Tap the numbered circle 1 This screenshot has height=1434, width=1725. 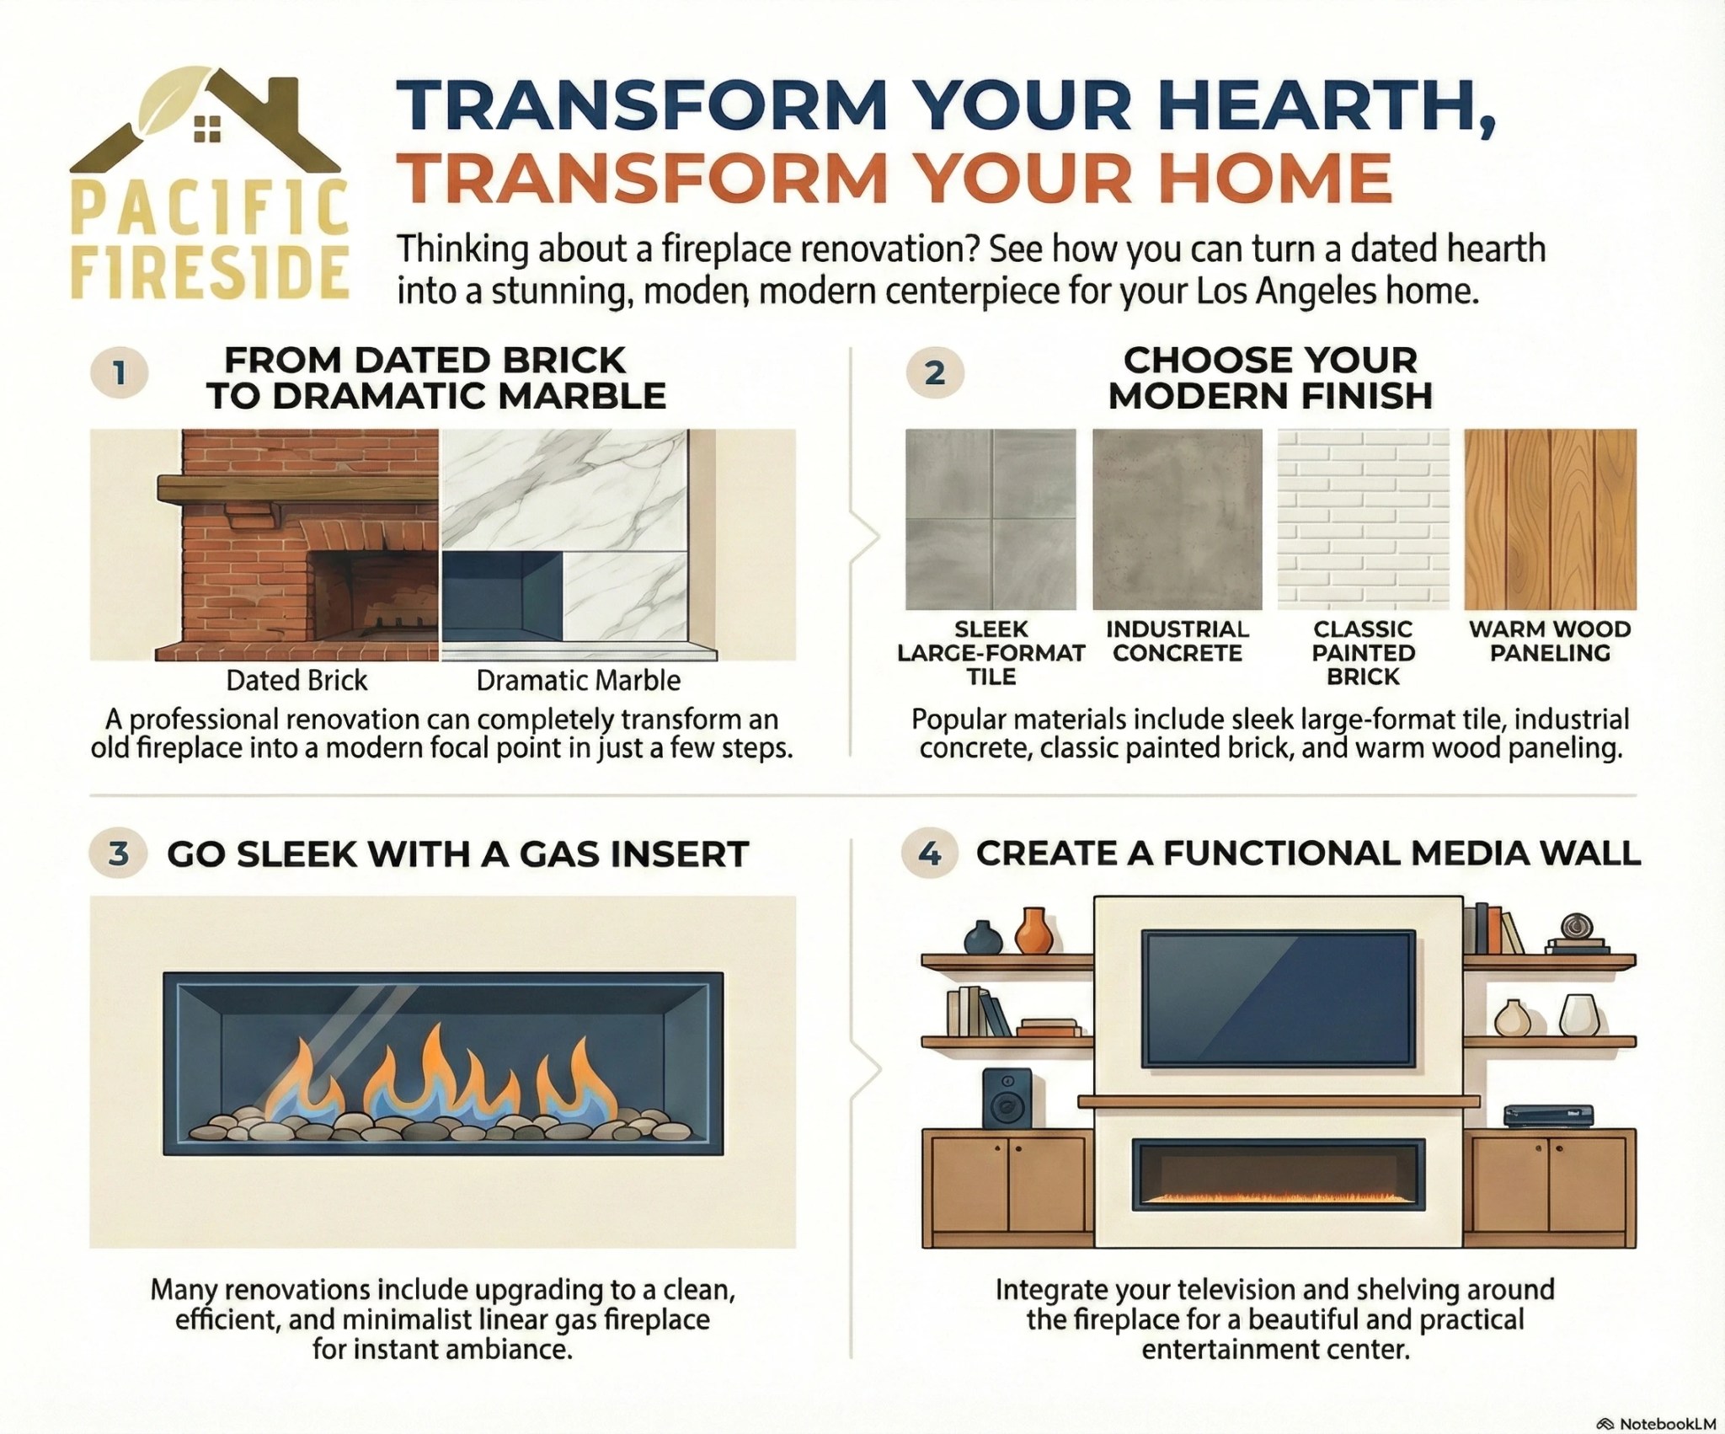coord(120,373)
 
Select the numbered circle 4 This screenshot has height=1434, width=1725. coord(929,854)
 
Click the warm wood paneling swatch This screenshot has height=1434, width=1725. coord(1550,519)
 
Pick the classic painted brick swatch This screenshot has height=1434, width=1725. coord(1363,519)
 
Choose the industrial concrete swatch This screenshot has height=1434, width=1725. coord(1178,519)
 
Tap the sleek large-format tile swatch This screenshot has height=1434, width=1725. coord(991,519)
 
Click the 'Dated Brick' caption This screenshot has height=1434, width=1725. coord(296,681)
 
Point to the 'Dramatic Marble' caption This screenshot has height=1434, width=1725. coord(578,681)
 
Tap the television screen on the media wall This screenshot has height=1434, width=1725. coord(1278,998)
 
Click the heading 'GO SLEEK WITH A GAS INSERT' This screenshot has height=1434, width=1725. coord(457,854)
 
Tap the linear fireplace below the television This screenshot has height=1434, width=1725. coord(1279,1173)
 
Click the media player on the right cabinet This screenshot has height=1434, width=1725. coord(1548,1117)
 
